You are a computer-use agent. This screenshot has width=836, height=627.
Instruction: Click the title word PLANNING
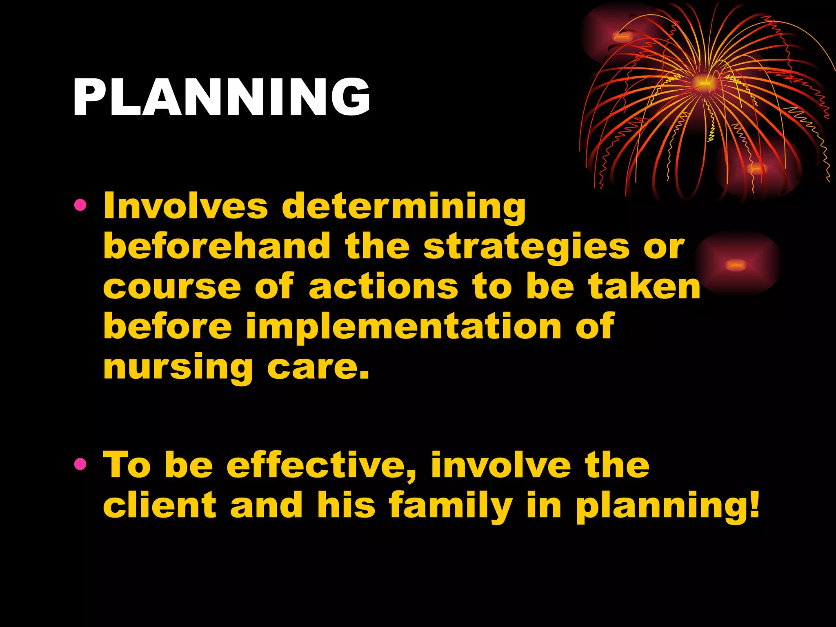tap(222, 97)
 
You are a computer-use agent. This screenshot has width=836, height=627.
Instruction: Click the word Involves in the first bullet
tap(186, 206)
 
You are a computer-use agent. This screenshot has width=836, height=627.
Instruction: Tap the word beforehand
tap(217, 246)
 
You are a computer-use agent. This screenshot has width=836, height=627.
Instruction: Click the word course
tap(172, 287)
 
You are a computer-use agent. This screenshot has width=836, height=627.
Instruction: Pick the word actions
tap(383, 287)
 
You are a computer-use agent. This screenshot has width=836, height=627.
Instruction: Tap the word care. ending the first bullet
tap(318, 367)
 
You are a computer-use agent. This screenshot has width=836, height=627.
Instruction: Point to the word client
tap(160, 505)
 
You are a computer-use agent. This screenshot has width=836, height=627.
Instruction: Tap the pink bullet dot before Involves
tap(80, 205)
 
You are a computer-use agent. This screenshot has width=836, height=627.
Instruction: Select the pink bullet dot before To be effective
tap(80, 464)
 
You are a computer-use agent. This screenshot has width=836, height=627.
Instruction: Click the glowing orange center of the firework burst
tap(704, 84)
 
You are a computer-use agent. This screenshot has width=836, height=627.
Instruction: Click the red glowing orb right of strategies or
tap(736, 265)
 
